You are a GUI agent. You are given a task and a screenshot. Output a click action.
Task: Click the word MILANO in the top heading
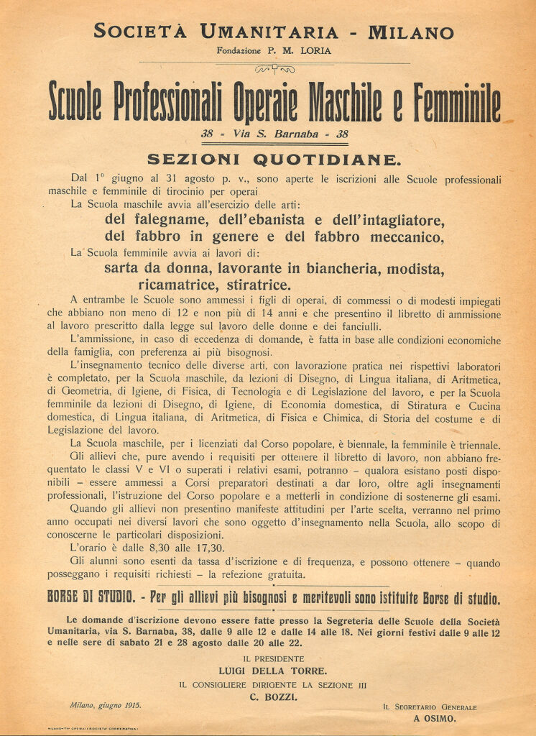click(x=410, y=32)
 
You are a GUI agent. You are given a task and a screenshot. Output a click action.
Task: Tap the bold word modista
click(x=416, y=270)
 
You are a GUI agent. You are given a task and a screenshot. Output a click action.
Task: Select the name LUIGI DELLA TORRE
click(x=267, y=671)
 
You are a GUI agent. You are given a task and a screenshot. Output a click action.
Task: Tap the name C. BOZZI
click(x=267, y=697)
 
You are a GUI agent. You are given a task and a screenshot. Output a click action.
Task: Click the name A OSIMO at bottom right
click(x=435, y=717)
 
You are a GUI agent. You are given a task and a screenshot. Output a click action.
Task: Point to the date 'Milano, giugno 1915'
click(x=106, y=706)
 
